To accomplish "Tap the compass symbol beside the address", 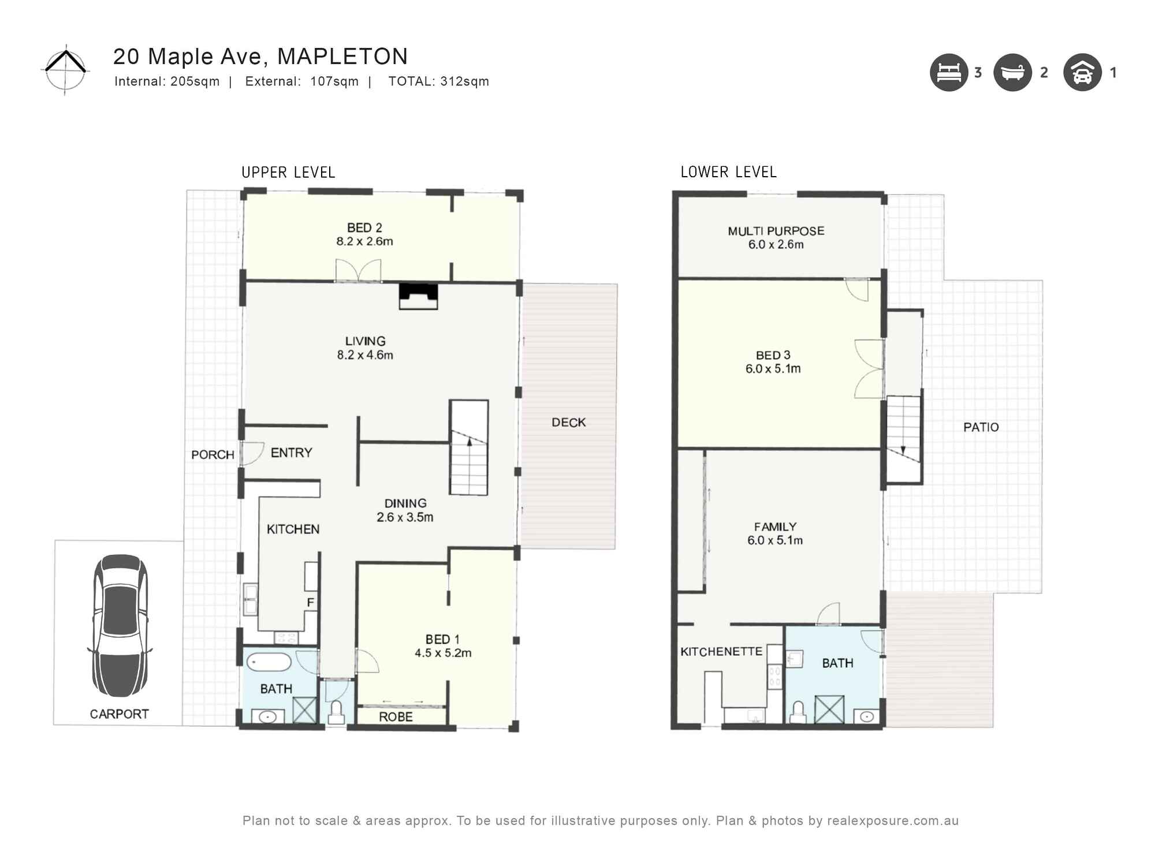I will [x=66, y=69].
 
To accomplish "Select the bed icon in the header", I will [x=948, y=73].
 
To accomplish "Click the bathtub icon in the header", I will [x=1012, y=73].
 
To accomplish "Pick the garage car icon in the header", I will [x=1082, y=73].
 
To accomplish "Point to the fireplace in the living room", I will [x=418, y=296].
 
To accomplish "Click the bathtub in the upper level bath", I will [x=269, y=662].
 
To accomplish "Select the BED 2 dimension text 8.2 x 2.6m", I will [x=364, y=241].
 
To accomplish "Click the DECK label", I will [x=568, y=423].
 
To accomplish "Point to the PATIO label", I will [x=981, y=427].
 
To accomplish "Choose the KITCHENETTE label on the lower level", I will [x=721, y=652].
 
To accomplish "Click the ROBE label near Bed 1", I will [x=396, y=717].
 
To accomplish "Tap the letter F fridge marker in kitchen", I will [x=310, y=603].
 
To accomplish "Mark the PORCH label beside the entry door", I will [x=213, y=455].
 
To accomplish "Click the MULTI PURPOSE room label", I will [x=776, y=231].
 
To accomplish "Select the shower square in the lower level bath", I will [x=829, y=710].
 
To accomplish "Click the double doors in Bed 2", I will [x=358, y=271].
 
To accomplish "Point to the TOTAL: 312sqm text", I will [x=438, y=81].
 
